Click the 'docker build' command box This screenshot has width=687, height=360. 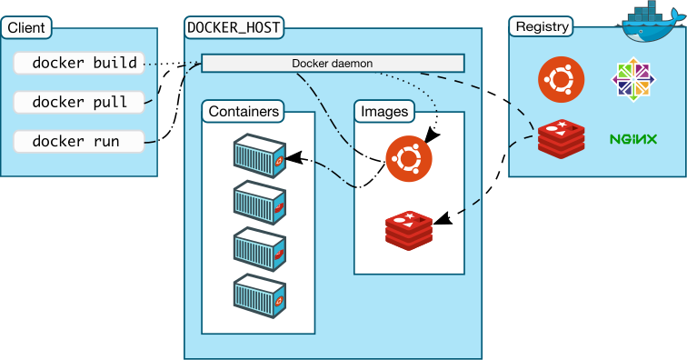coord(79,63)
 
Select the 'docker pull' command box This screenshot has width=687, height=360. coord(79,102)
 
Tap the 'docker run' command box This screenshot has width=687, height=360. coord(79,142)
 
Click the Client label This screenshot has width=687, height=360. coord(26,27)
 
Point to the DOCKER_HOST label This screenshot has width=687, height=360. coord(234,27)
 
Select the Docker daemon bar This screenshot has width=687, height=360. coord(333,64)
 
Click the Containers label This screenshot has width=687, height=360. coord(244,111)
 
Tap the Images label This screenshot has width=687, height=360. coord(384,111)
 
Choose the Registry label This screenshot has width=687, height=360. coord(542,26)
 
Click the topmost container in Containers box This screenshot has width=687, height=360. coord(260,155)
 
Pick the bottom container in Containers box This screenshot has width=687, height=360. coord(260,295)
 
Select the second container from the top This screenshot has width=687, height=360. coord(260,202)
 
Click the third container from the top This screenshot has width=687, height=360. coord(260,248)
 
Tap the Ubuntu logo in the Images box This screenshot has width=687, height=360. coord(408,159)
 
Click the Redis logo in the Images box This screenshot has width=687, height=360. coord(408,227)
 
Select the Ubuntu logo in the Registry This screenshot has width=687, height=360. coord(561,79)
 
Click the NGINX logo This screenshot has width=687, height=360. coord(633,139)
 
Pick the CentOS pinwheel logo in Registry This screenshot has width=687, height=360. coord(633,80)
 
